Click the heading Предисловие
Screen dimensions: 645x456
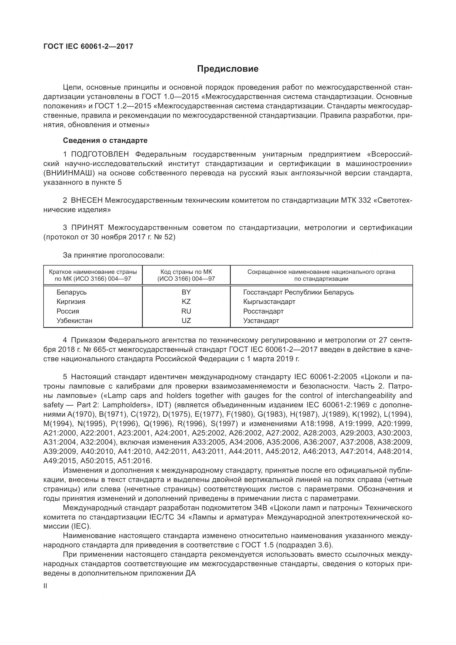tap(228, 69)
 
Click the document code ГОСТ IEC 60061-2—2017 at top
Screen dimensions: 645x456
tap(88, 46)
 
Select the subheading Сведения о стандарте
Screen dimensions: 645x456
tap(105, 140)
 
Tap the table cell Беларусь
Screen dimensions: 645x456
tap(72, 292)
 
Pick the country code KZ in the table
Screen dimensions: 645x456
tap(186, 302)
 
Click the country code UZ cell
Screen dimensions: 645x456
tap(186, 320)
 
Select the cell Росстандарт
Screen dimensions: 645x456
tap(263, 311)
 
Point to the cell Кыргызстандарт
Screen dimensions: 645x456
tap(269, 302)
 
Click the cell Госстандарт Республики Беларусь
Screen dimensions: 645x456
tap(299, 292)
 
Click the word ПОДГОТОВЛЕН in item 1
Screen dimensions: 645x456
tap(100, 154)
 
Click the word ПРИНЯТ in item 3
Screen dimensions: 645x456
tap(87, 228)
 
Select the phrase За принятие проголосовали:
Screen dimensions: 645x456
tap(113, 255)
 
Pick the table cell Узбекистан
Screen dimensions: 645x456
tap(74, 320)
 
